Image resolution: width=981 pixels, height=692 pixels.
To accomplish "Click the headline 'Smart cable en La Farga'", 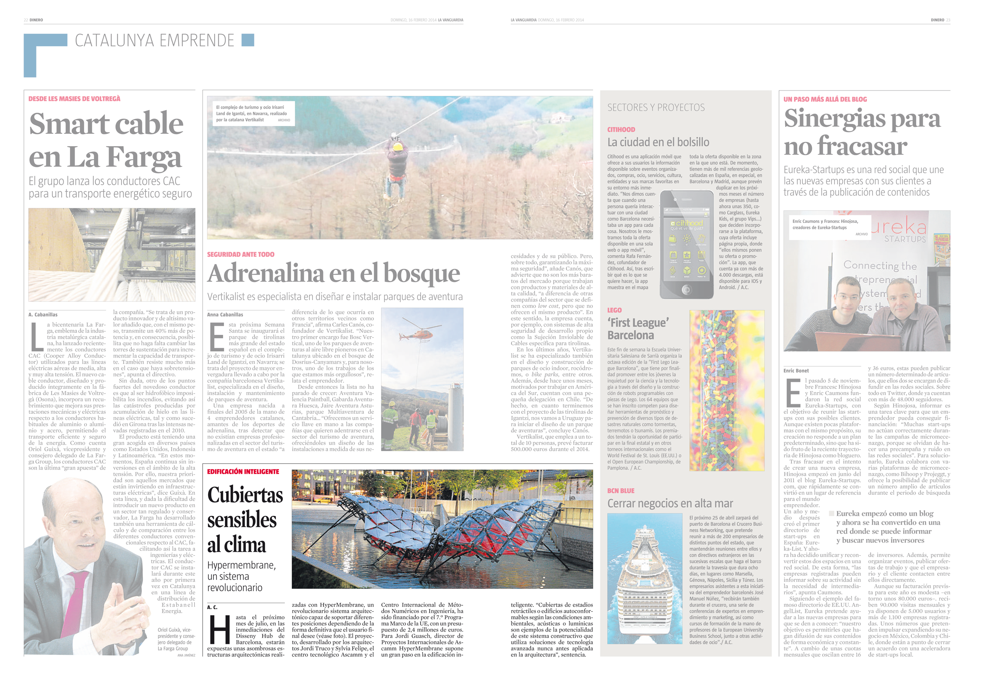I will click(106, 140).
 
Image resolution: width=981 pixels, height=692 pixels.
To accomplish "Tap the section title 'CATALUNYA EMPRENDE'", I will click(154, 41).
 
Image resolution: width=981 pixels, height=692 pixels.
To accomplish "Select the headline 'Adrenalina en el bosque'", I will click(333, 273).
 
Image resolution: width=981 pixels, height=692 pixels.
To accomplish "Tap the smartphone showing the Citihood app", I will click(687, 244).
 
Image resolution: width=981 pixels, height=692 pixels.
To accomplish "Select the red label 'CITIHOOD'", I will click(621, 129).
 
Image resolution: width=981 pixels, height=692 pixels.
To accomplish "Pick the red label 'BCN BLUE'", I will click(621, 490).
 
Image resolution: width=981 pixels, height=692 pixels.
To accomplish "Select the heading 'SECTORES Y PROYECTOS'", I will click(656, 108).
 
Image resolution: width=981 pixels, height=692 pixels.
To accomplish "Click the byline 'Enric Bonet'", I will click(796, 370).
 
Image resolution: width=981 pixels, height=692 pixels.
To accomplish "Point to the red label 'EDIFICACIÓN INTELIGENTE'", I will click(243, 472).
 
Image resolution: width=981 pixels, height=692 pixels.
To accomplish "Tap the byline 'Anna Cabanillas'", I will click(225, 314).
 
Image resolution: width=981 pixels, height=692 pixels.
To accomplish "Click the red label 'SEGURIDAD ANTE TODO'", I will click(240, 254).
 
